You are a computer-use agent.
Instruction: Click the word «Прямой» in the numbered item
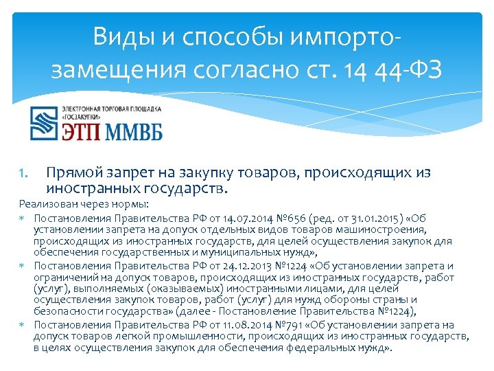tap(74, 173)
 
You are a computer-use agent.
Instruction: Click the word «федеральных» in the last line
tap(312, 348)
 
